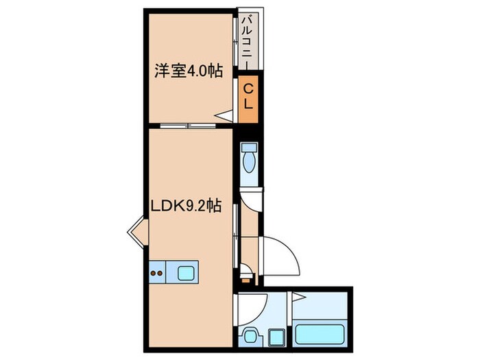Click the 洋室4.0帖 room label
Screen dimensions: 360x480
click(187, 71)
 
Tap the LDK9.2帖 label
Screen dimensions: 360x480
click(187, 206)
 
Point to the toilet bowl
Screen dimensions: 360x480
click(248, 160)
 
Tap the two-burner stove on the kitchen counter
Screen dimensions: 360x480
click(156, 272)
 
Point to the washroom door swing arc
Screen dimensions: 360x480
click(252, 304)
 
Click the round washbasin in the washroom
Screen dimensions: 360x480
click(249, 336)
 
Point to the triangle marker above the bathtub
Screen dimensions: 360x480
click(298, 296)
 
